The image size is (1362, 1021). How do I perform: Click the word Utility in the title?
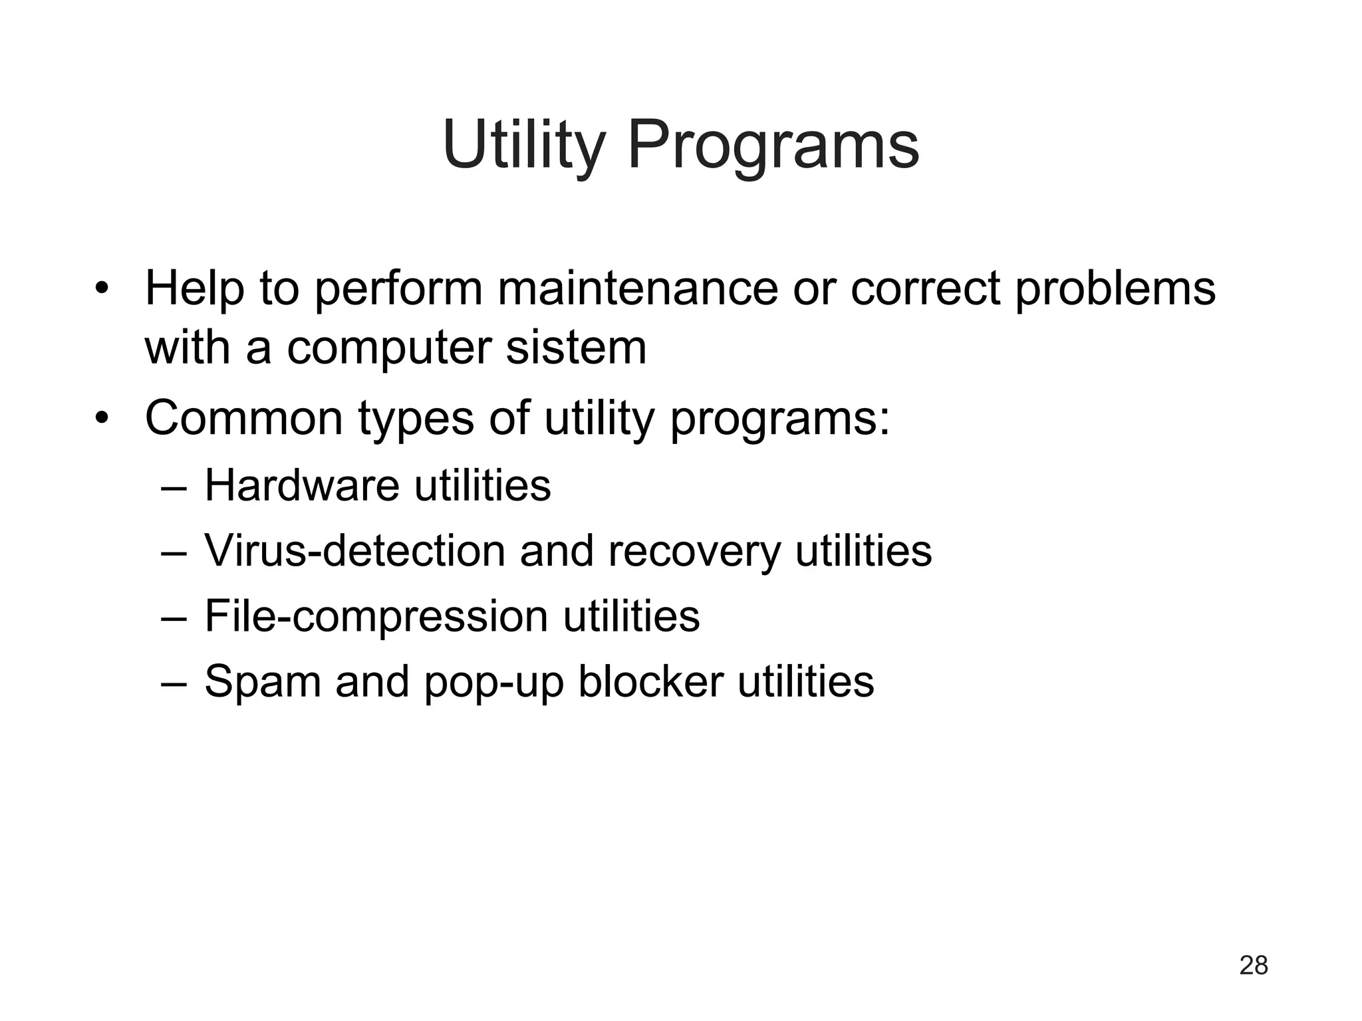click(x=523, y=144)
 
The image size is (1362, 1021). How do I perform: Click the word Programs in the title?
click(x=773, y=146)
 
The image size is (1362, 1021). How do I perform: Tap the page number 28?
click(x=1254, y=965)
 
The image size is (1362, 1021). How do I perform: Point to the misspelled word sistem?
click(x=576, y=347)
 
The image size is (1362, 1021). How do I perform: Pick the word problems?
click(x=1115, y=290)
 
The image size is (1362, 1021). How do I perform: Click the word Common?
click(x=244, y=417)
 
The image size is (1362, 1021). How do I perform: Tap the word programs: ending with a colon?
click(x=779, y=419)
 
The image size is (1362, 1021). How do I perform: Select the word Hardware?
click(x=302, y=485)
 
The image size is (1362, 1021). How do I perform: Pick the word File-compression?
click(x=376, y=616)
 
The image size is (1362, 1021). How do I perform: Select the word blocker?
click(x=650, y=681)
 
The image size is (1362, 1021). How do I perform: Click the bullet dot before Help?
click(x=101, y=290)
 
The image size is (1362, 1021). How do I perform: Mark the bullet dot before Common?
click(x=101, y=419)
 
